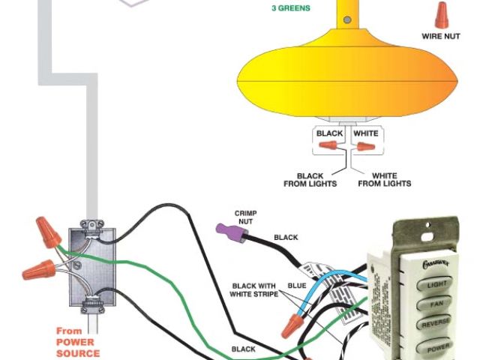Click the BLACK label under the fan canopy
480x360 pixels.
329,133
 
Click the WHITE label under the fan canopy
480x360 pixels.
365,133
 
